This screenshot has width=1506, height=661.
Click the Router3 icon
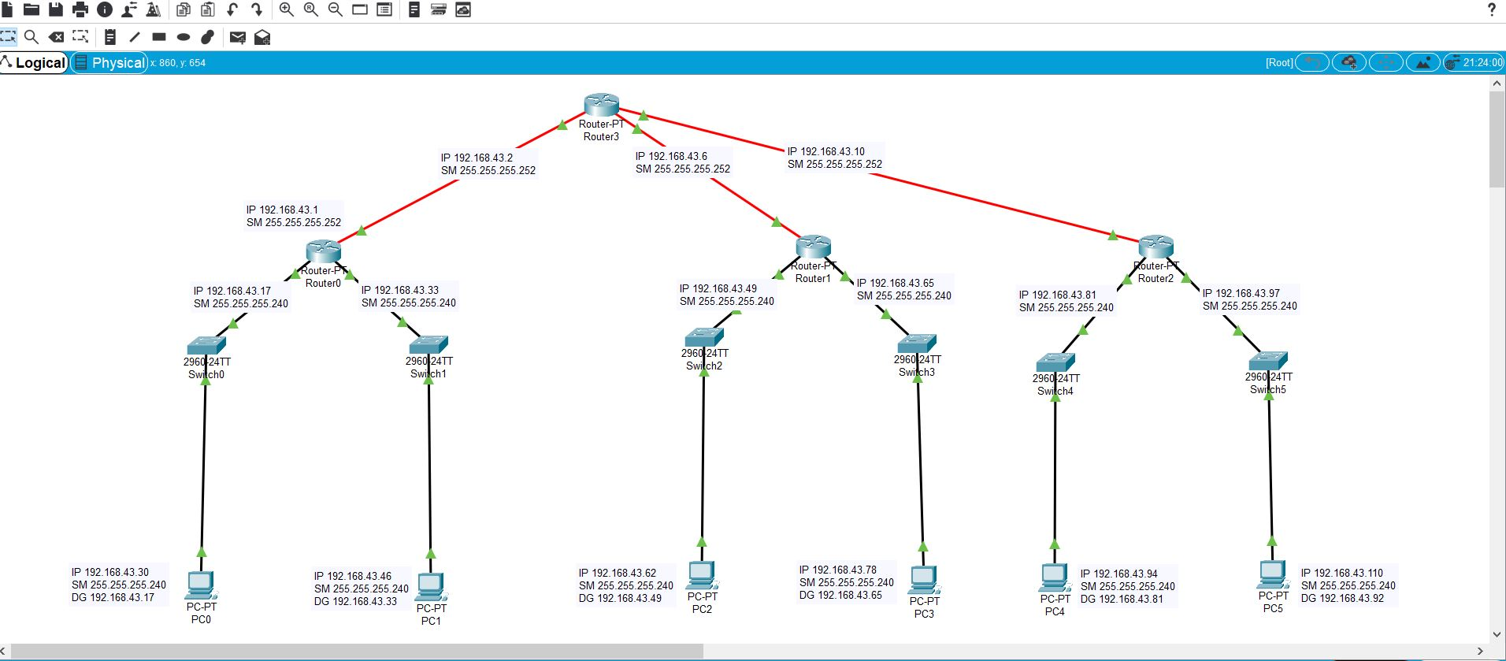601,105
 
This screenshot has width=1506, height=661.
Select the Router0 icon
323,251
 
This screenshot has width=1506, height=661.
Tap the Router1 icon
813,247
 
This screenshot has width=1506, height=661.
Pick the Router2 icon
1155,247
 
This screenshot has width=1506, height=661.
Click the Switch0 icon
206,345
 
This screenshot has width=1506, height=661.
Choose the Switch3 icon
917,343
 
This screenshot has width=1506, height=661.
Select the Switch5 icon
1267,361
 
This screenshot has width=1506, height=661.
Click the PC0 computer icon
201,585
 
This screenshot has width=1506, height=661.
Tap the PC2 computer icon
702,575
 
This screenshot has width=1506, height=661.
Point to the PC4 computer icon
1055,577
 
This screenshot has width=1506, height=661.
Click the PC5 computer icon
1273,574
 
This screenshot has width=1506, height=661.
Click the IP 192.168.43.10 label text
826,151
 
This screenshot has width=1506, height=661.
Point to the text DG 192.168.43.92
1342,598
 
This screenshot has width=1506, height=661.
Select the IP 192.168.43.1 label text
283,210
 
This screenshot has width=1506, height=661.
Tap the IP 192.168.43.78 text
838,570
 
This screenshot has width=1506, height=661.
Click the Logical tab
35,63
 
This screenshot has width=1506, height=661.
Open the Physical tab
110,63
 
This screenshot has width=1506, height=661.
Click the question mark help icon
1491,9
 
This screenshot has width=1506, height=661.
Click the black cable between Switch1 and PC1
429,465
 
